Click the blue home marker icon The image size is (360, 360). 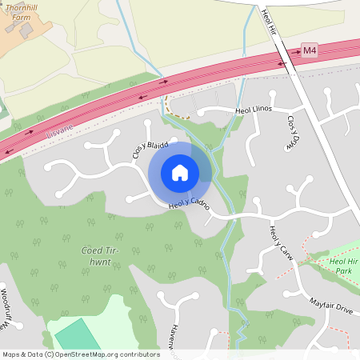[x=180, y=173]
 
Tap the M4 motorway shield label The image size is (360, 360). [x=310, y=51]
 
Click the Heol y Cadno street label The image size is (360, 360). [x=190, y=206]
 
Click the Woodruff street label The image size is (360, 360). [x=4, y=307]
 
